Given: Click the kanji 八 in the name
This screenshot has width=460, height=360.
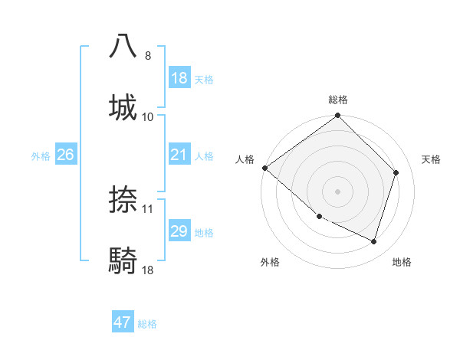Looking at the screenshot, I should click(x=123, y=46).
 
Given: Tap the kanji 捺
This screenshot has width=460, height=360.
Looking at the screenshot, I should click(x=123, y=199).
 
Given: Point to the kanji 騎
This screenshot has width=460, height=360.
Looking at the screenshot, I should click(x=123, y=260).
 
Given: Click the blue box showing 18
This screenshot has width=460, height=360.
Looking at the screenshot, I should click(x=179, y=78).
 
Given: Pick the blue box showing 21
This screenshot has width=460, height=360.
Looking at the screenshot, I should click(x=179, y=155).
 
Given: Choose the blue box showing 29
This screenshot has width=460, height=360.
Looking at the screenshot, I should click(x=179, y=231).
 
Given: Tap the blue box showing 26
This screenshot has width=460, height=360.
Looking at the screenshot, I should click(x=65, y=155).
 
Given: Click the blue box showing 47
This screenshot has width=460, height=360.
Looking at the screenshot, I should click(x=123, y=322).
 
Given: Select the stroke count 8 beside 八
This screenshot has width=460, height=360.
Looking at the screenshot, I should click(x=147, y=56).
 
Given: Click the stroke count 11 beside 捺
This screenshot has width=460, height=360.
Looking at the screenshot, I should click(x=148, y=208).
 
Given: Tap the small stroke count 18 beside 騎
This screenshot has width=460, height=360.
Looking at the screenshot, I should click(x=148, y=270).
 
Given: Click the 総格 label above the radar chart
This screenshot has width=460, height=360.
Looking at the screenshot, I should click(x=338, y=100).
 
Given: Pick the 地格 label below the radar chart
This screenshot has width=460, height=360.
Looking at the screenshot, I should click(x=402, y=262).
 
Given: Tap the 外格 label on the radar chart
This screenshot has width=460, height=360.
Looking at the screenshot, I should click(x=270, y=262).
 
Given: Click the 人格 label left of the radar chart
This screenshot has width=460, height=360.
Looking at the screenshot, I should click(x=245, y=159).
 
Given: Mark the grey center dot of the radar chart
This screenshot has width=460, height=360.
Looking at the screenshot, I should click(x=337, y=191).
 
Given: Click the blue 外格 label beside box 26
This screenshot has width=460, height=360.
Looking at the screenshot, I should click(x=41, y=155).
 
